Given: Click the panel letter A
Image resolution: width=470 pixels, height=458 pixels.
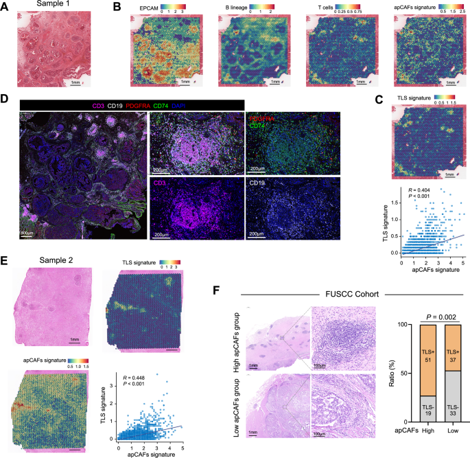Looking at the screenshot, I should [6, 8].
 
